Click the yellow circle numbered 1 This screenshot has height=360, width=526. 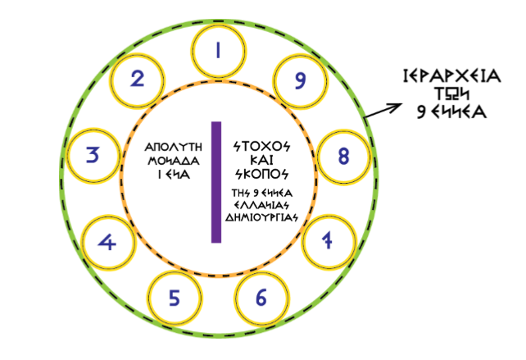(x=217, y=51)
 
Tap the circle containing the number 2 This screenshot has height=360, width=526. (x=138, y=80)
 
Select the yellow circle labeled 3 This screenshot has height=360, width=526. (x=94, y=154)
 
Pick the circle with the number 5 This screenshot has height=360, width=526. (x=174, y=297)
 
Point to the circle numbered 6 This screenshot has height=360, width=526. (x=261, y=297)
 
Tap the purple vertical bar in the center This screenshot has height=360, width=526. (x=216, y=182)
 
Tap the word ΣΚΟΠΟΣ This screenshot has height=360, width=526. (x=262, y=174)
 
